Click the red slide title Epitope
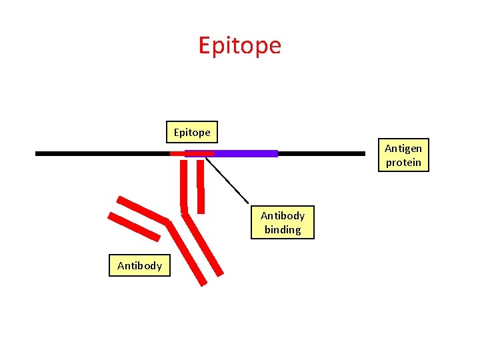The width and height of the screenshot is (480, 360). pyautogui.click(x=240, y=45)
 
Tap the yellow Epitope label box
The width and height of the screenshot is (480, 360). pyautogui.click(x=192, y=132)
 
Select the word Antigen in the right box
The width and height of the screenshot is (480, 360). pyautogui.click(x=403, y=149)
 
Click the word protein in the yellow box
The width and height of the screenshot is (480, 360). pyautogui.click(x=403, y=163)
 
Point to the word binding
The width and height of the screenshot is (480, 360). pyautogui.click(x=283, y=230)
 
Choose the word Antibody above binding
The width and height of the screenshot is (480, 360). pyautogui.click(x=283, y=215)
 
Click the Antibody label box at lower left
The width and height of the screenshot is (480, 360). pyautogui.click(x=140, y=265)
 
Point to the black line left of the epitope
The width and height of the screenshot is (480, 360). pyautogui.click(x=100, y=153)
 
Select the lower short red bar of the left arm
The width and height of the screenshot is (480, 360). pyautogui.click(x=134, y=226)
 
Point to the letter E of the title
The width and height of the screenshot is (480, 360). pyautogui.click(x=205, y=45)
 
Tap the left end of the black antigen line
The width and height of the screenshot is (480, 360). pyautogui.click(x=38, y=153)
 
